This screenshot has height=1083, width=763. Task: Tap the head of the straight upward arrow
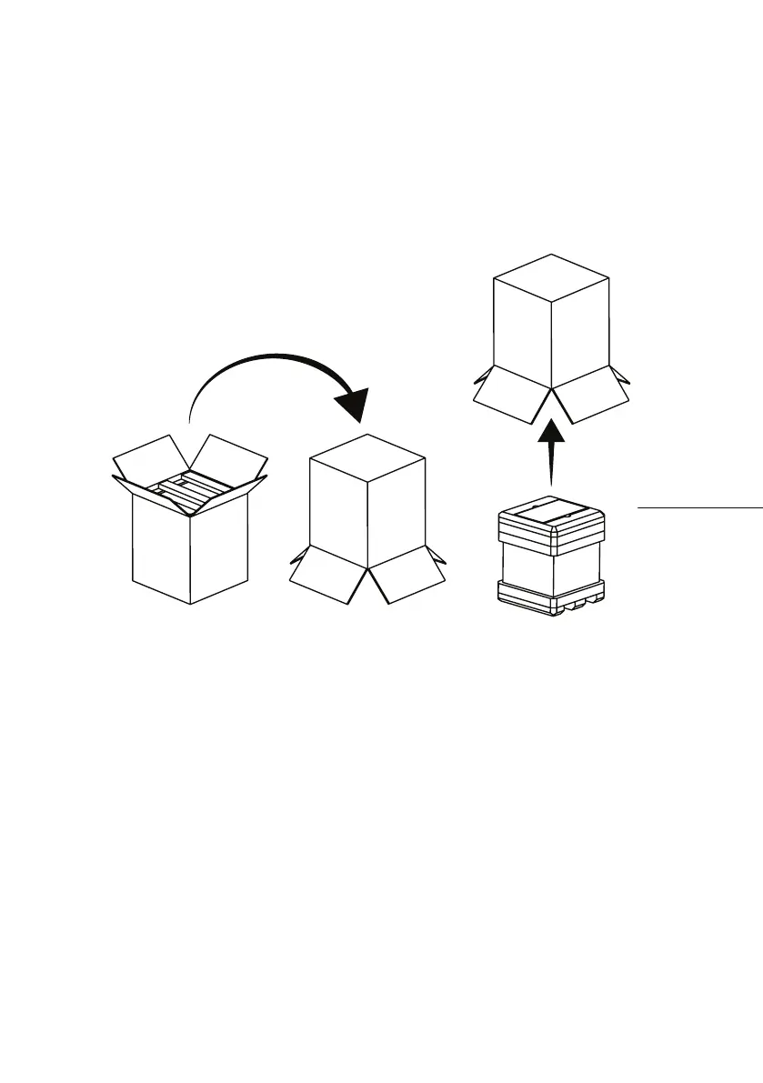point(550,429)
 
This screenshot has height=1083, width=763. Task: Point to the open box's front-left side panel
point(160,550)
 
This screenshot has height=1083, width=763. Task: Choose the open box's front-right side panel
point(218,550)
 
